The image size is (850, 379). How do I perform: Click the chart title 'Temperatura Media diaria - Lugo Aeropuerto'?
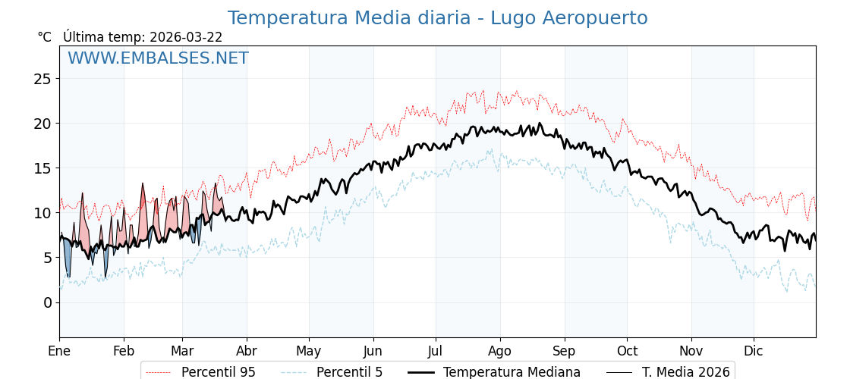pyautogui.click(x=437, y=18)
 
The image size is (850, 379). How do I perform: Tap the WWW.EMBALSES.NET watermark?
pyautogui.click(x=158, y=58)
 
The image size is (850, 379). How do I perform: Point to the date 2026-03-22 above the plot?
pyautogui.click(x=186, y=37)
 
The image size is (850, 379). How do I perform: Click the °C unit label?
pyautogui.click(x=44, y=37)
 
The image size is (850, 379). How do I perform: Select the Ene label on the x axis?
pyautogui.click(x=59, y=351)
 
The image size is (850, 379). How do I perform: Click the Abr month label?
pyautogui.click(x=247, y=351)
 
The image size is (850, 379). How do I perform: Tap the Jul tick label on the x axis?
pyautogui.click(x=436, y=351)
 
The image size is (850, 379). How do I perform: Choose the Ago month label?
pyautogui.click(x=500, y=351)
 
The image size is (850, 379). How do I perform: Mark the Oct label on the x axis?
pyautogui.click(x=627, y=351)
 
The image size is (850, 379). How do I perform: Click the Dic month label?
pyautogui.click(x=754, y=351)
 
